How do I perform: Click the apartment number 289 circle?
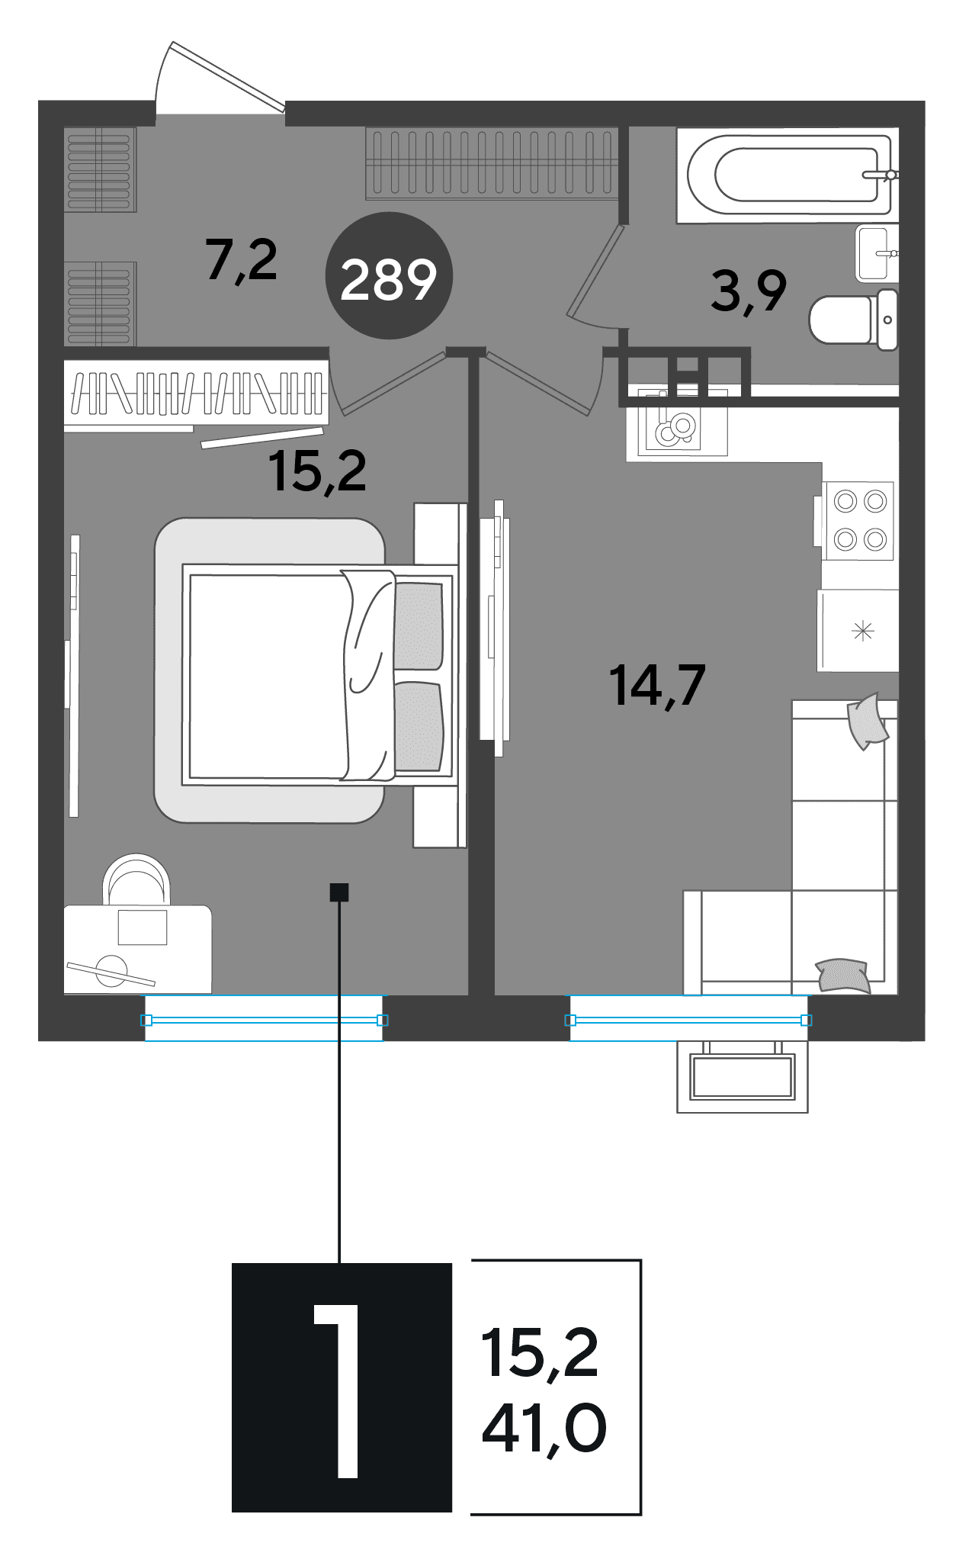389,275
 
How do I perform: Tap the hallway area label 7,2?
242,260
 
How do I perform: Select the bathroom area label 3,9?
749,291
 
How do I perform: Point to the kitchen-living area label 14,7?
658,686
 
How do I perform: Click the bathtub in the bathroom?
789,175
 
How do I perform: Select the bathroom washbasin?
877,253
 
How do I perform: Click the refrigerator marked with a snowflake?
858,631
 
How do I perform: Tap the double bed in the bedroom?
319,674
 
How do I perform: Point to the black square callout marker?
339,892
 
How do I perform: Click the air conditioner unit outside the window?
743,1076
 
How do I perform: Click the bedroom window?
265,1019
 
